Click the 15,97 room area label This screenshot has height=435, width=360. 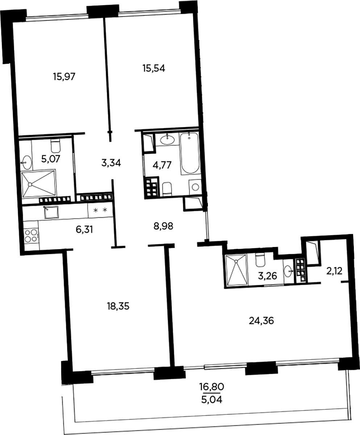click(x=64, y=77)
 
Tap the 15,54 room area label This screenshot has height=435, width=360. click(x=154, y=68)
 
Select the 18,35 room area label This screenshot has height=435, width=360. click(x=118, y=306)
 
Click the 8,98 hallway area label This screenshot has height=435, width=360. click(x=163, y=226)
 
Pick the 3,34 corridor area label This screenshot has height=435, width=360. click(x=111, y=163)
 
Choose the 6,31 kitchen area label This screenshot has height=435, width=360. click(x=84, y=230)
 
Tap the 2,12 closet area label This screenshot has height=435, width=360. click(x=334, y=271)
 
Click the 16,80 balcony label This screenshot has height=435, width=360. click(x=212, y=387)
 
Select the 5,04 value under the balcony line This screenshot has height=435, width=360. click(x=212, y=400)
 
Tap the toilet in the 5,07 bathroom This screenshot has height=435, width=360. click(x=56, y=146)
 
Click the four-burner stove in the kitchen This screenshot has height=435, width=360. click(x=31, y=235)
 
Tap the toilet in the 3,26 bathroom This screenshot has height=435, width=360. click(x=260, y=260)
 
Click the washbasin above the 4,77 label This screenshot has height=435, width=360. click(x=168, y=139)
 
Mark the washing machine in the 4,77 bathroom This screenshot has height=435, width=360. click(x=195, y=187)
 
